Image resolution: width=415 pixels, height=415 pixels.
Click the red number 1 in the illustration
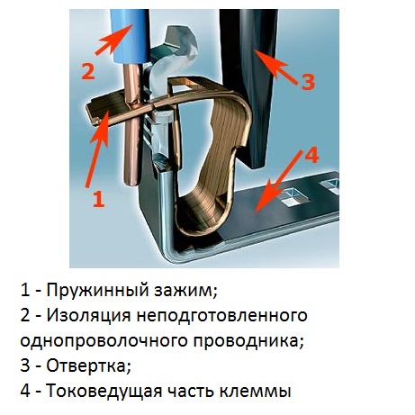coord(99,200)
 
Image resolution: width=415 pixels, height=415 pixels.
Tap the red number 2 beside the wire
coord(88,71)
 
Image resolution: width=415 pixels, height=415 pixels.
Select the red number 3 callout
coord(308,81)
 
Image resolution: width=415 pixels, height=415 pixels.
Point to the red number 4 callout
coord(311,156)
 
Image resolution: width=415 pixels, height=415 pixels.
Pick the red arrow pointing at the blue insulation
coord(114,40)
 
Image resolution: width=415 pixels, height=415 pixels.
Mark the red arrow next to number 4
coord(278,182)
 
